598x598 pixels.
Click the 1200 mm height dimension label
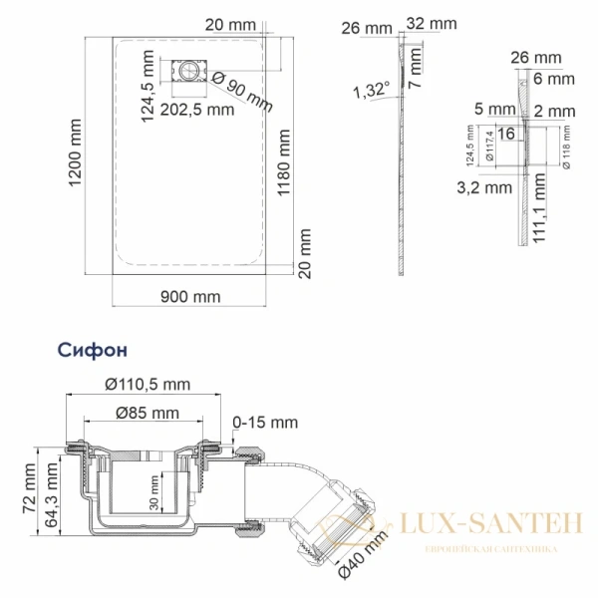point(74,156)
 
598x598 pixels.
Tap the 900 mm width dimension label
point(189,296)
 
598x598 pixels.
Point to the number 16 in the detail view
point(505,134)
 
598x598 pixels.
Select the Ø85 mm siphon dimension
point(147,413)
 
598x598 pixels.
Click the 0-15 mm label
point(267,423)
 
